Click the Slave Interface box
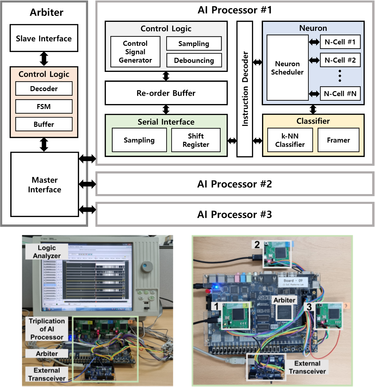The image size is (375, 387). tap(44, 38)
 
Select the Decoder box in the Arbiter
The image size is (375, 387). tap(44, 88)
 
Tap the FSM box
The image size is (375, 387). tap(44, 106)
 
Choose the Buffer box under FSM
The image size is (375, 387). tap(44, 124)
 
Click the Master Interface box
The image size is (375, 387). tap(44, 185)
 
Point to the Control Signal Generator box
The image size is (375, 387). tap(135, 52)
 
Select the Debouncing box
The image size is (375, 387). tap(194, 60)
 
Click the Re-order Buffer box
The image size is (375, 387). tap(166, 93)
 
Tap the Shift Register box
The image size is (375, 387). tap(196, 140)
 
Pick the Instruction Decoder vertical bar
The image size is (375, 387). tap(245, 89)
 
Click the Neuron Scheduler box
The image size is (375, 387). tap(287, 68)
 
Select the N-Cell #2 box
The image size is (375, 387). tap(340, 60)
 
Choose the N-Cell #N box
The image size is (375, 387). tap(340, 94)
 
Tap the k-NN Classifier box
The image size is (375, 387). tap(290, 140)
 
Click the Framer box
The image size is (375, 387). tap(338, 140)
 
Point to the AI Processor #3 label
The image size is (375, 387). tap(235, 214)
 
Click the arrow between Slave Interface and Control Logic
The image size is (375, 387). tap(44, 59)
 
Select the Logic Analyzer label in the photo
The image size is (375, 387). tap(47, 252)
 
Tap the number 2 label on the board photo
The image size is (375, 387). tap(257, 245)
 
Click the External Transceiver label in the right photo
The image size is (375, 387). tap(307, 367)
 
